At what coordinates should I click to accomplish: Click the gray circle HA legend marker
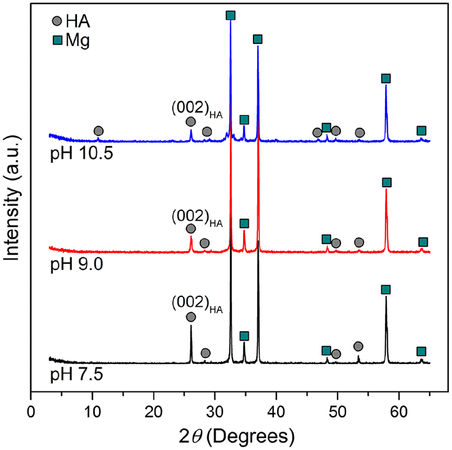pos(57,21)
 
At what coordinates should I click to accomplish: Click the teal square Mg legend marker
pos(57,41)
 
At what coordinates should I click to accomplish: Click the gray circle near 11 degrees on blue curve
pos(98,131)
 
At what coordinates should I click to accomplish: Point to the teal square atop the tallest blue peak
pos(230,15)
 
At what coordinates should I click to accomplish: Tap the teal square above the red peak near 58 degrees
pos(386,182)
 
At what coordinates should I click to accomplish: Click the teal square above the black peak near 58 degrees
pos(385,290)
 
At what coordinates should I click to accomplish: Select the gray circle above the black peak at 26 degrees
pos(191,317)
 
